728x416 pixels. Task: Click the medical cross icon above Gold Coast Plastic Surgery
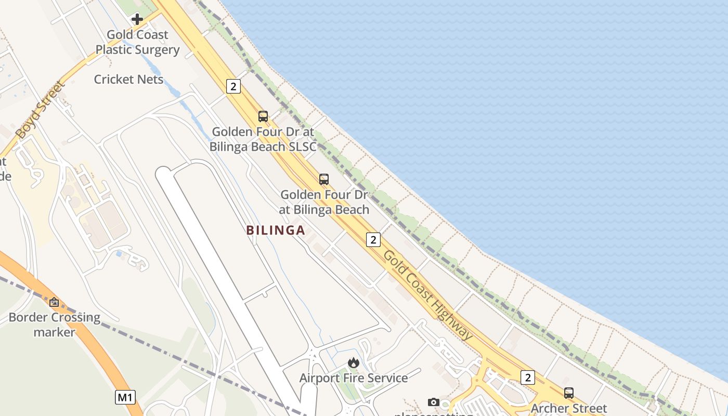pyautogui.click(x=137, y=19)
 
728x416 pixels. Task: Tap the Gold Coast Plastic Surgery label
pyautogui.click(x=137, y=43)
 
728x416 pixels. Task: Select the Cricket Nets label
pyautogui.click(x=128, y=80)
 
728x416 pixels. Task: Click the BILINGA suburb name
pyautogui.click(x=276, y=230)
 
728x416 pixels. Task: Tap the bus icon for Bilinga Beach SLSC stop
pyautogui.click(x=263, y=116)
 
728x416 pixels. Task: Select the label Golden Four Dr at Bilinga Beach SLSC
pyautogui.click(x=263, y=139)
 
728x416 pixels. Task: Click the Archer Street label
pyautogui.click(x=568, y=408)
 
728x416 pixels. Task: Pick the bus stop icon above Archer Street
pyautogui.click(x=569, y=393)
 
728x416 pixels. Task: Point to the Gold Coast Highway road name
pyautogui.click(x=427, y=294)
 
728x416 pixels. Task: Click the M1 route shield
pyautogui.click(x=125, y=398)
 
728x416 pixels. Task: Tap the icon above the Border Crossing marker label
pyautogui.click(x=54, y=302)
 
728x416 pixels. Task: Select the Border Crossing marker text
pyautogui.click(x=55, y=324)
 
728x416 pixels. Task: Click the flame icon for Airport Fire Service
pyautogui.click(x=354, y=362)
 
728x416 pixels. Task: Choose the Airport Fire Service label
pyautogui.click(x=354, y=378)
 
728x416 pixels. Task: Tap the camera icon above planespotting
pyautogui.click(x=433, y=402)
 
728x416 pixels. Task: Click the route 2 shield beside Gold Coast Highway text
pyautogui.click(x=373, y=240)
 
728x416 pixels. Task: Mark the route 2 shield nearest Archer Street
pyautogui.click(x=527, y=378)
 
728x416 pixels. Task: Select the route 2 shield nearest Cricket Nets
pyautogui.click(x=233, y=87)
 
